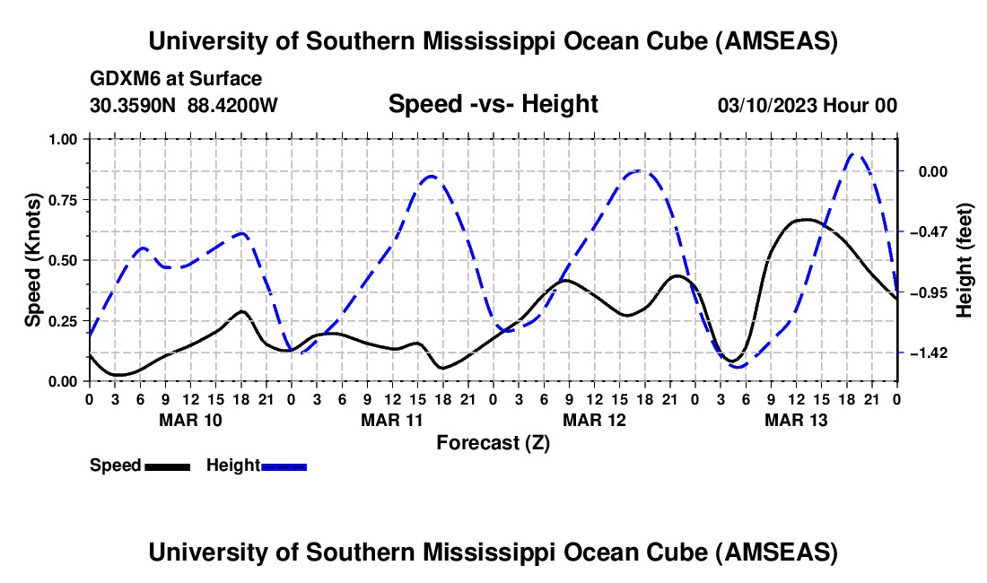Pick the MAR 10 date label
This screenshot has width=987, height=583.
click(190, 420)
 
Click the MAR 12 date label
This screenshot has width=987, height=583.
click(593, 420)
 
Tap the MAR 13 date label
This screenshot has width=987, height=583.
click(795, 420)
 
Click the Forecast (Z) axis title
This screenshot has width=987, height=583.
click(493, 442)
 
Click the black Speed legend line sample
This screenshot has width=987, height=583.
click(167, 466)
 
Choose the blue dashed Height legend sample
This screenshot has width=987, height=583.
click(284, 466)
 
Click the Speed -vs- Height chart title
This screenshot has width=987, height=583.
click(493, 104)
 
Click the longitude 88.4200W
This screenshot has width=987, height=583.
click(233, 105)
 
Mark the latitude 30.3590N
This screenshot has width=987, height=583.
click(135, 105)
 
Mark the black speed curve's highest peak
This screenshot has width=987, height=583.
click(805, 219)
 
